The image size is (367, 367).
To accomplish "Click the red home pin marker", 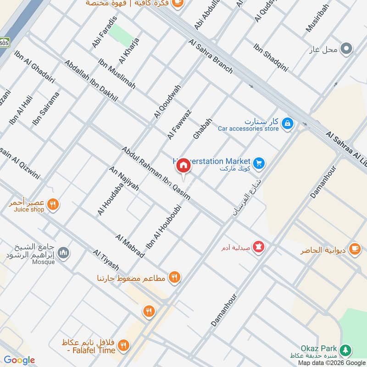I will pyautogui.click(x=183, y=166).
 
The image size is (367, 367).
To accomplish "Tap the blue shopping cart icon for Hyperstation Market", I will pyautogui.click(x=259, y=163).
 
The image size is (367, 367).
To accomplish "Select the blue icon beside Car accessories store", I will pyautogui.click(x=287, y=123).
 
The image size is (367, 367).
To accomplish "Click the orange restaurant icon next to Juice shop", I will pyautogui.click(x=53, y=204).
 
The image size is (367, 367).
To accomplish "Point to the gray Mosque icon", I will pyautogui.click(x=63, y=252).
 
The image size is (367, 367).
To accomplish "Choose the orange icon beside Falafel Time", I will pyautogui.click(x=123, y=345).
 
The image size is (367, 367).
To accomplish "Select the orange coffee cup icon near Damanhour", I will pyautogui.click(x=354, y=248).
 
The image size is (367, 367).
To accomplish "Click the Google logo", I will pyautogui.click(x=19, y=361).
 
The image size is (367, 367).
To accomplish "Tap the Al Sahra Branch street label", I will pyautogui.click(x=211, y=56).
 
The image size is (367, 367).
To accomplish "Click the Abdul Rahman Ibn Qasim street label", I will pyautogui.click(x=156, y=173).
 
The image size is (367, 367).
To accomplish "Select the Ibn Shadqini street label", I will pyautogui.click(x=271, y=58).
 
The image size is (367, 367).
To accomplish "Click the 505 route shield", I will pyautogui.click(x=4, y=43).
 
